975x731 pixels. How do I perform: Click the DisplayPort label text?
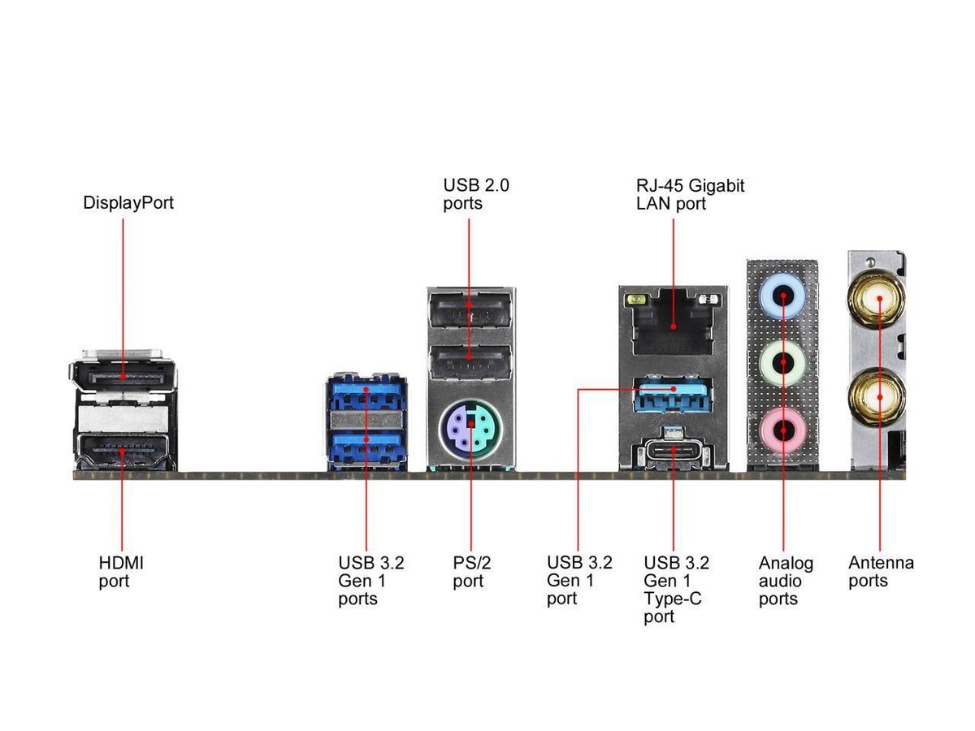point(128,202)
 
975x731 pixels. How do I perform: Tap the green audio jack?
point(782,363)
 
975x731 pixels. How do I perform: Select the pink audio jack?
point(782,429)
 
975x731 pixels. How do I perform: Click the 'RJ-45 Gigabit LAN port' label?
point(690,194)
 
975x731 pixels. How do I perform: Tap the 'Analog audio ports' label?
point(786,581)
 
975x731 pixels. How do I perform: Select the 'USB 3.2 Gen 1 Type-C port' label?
point(676,589)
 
